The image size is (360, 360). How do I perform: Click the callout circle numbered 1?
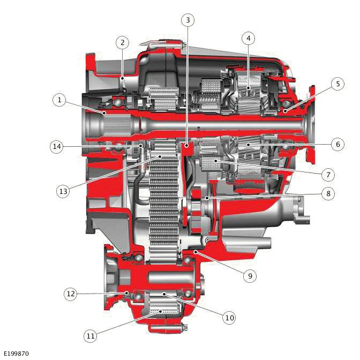click(59, 100)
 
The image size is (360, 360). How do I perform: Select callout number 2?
click(123, 42)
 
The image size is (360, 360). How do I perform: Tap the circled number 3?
click(187, 20)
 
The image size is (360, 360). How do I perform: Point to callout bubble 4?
click(247, 38)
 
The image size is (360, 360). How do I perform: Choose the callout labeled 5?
click(336, 84)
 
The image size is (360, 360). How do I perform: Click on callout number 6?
click(336, 144)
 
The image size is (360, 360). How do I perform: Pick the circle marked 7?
click(328, 174)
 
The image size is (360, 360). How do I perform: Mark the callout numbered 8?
click(328, 194)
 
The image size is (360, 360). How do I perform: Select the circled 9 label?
click(249, 276)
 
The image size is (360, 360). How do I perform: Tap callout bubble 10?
click(229, 318)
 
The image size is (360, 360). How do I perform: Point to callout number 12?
click(71, 294)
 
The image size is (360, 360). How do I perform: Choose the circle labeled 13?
click(63, 190)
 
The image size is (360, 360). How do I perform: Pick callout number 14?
click(57, 146)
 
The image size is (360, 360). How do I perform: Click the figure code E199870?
click(16, 354)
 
